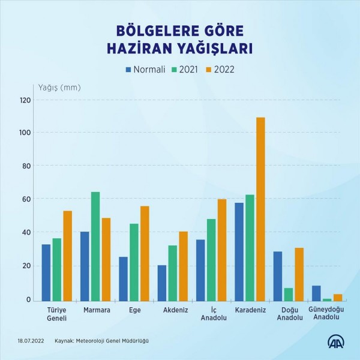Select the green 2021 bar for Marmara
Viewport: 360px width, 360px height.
(x=95, y=246)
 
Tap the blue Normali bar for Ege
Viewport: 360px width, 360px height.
(x=123, y=278)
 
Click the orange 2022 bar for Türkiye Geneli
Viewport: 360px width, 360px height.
(x=67, y=256)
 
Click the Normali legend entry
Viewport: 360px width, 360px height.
(x=145, y=69)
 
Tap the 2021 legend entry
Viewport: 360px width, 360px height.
(x=185, y=69)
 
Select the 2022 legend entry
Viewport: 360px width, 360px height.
(x=220, y=69)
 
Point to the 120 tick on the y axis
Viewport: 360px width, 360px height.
(x=25, y=100)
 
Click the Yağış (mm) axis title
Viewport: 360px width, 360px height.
(x=59, y=88)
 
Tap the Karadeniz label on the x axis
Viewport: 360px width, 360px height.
(x=250, y=310)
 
